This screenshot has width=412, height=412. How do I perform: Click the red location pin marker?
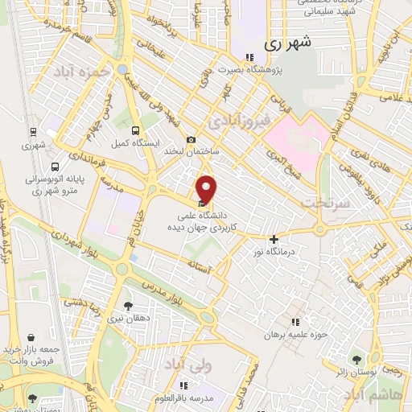coord(208,190)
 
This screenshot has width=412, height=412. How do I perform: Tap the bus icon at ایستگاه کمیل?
coord(135,130)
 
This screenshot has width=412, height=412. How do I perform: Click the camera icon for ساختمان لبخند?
coord(192,139)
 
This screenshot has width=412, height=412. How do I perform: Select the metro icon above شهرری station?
coord(33,132)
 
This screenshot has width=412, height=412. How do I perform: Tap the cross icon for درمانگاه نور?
coord(274,238)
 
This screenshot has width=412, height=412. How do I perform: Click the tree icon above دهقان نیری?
coord(128,306)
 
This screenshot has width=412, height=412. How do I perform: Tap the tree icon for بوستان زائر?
coord(356,359)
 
